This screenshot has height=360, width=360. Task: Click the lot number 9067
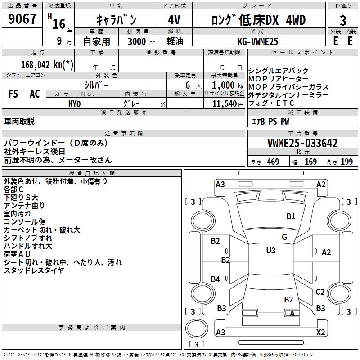coord(22,19)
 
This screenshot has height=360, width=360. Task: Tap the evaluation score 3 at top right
coord(343,21)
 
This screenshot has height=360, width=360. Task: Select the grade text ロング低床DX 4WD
coord(259,20)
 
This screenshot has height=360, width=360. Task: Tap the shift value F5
coord(13,94)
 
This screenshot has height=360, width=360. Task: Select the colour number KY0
coord(74,104)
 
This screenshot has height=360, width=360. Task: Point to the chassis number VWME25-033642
coord(302,143)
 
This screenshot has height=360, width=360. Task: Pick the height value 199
coord(346,162)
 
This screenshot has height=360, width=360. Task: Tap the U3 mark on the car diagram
coord(270,250)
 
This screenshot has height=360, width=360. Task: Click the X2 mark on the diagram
coord(320,332)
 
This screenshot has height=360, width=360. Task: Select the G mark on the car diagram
coord(284,237)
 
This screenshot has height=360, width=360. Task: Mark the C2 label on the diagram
coord(320,292)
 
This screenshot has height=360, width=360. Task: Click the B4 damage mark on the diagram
coord(215,279)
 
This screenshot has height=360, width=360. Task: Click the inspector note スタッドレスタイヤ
coord(34,270)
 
